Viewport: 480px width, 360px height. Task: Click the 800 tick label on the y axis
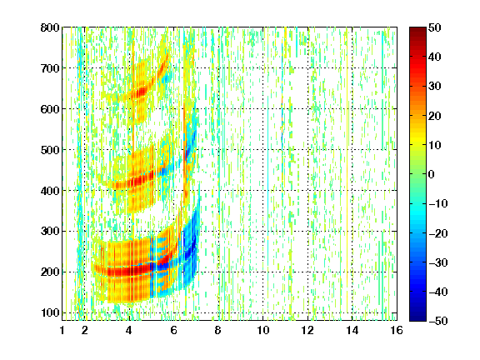(50, 27)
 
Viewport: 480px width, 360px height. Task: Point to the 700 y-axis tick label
(50, 68)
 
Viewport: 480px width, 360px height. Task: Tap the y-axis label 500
(50, 150)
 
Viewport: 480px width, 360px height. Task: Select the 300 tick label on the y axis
(50, 232)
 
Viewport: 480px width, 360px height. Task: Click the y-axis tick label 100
(50, 312)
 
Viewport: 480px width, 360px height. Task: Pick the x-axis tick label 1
(62, 330)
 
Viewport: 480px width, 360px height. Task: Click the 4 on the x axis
(129, 330)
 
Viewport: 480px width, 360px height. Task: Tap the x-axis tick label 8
(218, 330)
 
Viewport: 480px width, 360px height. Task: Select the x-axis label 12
(307, 330)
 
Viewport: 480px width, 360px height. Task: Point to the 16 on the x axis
(397, 330)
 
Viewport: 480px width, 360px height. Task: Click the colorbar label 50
(435, 27)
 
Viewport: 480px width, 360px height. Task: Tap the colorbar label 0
(432, 174)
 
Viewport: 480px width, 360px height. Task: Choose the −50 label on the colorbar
(438, 321)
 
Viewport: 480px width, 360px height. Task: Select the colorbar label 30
(435, 87)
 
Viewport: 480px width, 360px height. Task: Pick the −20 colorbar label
(438, 233)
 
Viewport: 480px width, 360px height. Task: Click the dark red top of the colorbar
(417, 31)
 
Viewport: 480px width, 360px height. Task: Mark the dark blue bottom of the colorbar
(417, 317)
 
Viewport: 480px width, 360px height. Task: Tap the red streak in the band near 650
(142, 92)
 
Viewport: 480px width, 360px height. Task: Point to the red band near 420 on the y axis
(135, 181)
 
